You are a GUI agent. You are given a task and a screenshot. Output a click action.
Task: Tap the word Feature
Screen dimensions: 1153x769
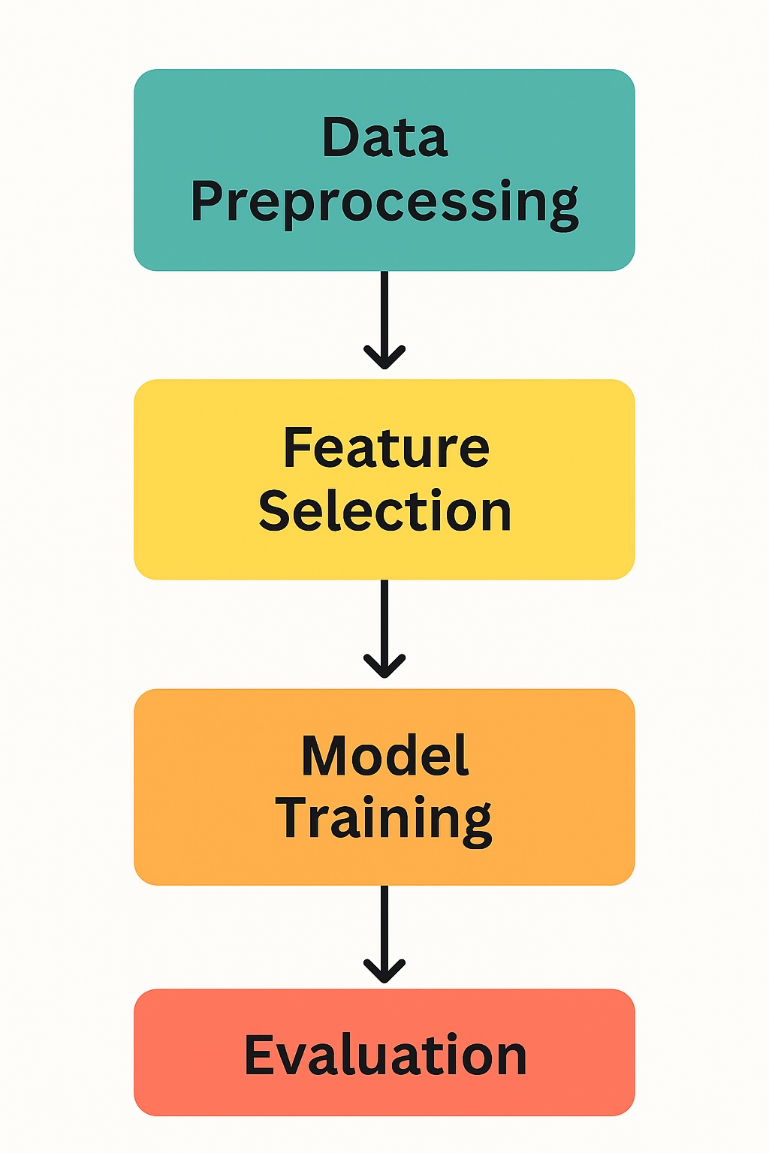[386, 448]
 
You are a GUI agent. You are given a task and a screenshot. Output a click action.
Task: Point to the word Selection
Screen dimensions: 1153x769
[384, 511]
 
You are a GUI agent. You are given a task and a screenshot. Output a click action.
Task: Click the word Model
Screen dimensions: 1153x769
[384, 756]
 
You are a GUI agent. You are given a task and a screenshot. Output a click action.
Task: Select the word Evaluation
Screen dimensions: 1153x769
[385, 1055]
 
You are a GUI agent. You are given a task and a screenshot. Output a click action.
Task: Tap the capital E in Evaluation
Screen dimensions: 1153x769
[260, 1055]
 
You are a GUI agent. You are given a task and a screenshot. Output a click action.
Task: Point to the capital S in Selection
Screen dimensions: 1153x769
[275, 511]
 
